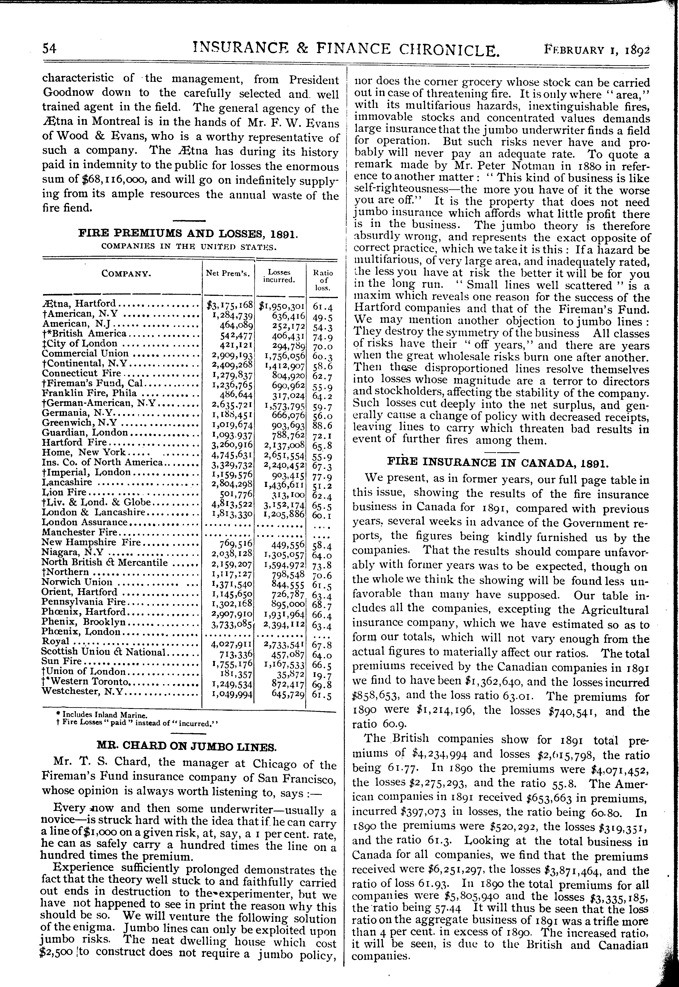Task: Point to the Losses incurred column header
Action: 279,276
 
